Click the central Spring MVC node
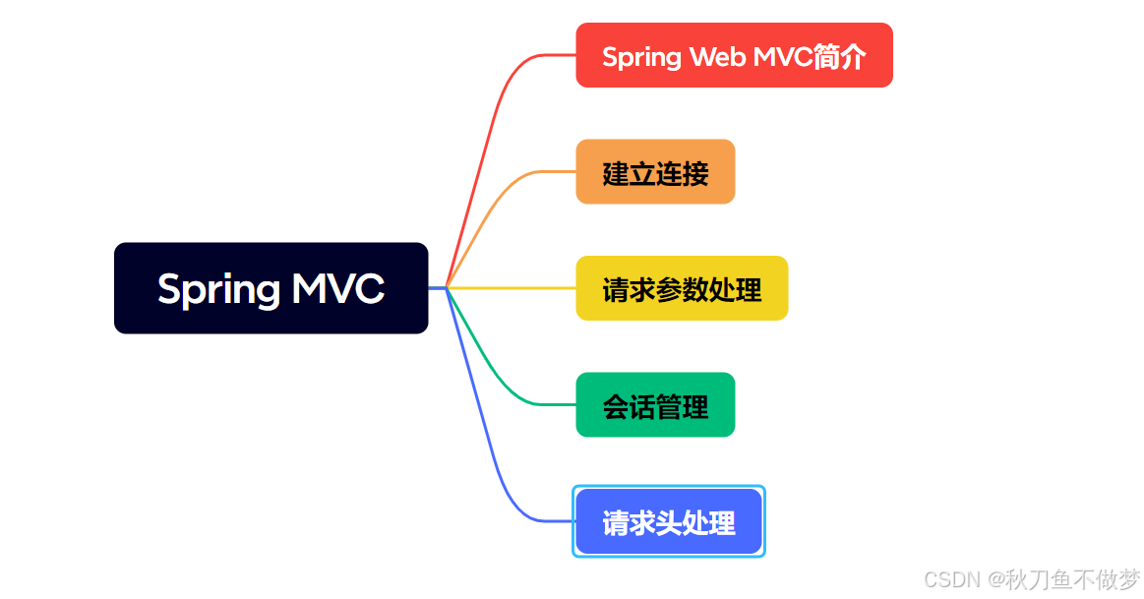[271, 288]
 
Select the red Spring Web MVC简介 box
[734, 56]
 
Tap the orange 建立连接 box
[655, 172]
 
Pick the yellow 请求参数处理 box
[682, 288]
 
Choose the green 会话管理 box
[655, 404]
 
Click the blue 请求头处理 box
[669, 521]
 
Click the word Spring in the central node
[218, 289]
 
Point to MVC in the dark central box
[337, 289]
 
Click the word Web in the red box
[717, 57]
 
